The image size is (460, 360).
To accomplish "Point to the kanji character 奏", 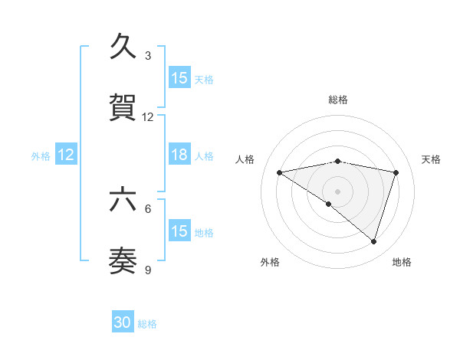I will (124, 261).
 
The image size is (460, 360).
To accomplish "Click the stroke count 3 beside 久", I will (148, 55).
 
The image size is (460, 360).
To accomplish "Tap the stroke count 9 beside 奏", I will (148, 270).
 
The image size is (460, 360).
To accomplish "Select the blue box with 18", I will (179, 155).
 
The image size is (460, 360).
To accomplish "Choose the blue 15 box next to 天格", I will (179, 78).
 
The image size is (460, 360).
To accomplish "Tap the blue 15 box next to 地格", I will (179, 231).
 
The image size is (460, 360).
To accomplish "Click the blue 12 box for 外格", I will (66, 155).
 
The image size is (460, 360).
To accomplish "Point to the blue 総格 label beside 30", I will (148, 324).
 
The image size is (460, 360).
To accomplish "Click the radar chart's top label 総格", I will (338, 100).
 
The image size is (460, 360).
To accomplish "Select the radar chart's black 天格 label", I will (432, 159).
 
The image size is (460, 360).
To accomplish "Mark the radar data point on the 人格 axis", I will (280, 172).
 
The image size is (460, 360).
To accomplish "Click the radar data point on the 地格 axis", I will (373, 241).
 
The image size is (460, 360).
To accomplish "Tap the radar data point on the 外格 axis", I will (329, 204).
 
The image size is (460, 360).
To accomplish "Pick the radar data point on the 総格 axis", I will (338, 161).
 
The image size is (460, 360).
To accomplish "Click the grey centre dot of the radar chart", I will (338, 191).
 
